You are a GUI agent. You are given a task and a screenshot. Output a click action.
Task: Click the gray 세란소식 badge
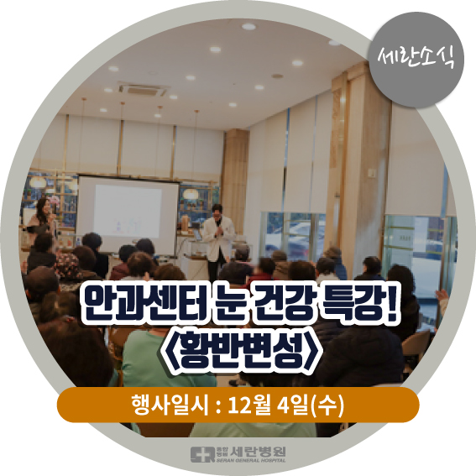click(416, 60)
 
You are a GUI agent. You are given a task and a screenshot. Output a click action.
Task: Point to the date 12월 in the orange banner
click(249, 405)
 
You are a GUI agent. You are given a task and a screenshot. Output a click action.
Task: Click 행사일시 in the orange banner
click(170, 405)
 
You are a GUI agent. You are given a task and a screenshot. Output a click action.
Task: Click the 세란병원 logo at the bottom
click(238, 454)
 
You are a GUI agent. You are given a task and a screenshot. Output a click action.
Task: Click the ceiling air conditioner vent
click(144, 88)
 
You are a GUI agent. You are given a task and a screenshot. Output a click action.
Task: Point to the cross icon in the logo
click(202, 454)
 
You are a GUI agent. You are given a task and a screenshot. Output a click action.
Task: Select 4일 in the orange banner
click(294, 405)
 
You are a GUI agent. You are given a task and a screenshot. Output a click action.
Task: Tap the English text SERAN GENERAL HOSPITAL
click(251, 460)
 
